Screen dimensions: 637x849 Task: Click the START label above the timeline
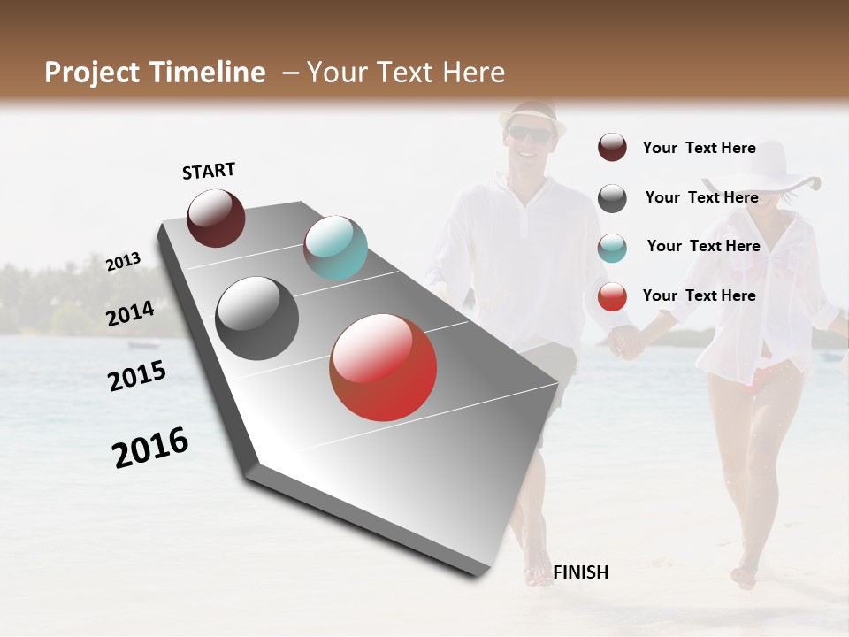[x=209, y=171]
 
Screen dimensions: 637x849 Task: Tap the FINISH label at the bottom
[x=580, y=572]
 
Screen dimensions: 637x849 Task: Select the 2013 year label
[x=123, y=262]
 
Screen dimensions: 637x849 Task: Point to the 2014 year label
[x=130, y=314]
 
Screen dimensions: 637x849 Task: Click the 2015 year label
[x=137, y=376]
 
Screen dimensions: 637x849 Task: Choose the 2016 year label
[x=150, y=448]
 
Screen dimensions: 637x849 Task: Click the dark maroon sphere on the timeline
[x=216, y=218]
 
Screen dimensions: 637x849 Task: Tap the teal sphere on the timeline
[x=335, y=248]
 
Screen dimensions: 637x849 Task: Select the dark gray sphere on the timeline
[x=256, y=318]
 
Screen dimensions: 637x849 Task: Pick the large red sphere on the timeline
[x=383, y=367]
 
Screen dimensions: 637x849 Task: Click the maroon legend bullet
[x=612, y=148]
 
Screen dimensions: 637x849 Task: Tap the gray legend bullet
[x=612, y=198]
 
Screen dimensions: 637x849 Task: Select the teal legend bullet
[x=612, y=248]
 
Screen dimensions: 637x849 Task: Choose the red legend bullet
[x=612, y=297]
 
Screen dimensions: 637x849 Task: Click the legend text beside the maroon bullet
[x=699, y=148]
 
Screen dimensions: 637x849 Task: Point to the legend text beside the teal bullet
[x=703, y=246]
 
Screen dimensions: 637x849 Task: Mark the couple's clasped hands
[x=626, y=342]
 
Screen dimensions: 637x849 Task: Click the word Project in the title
[x=92, y=73]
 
